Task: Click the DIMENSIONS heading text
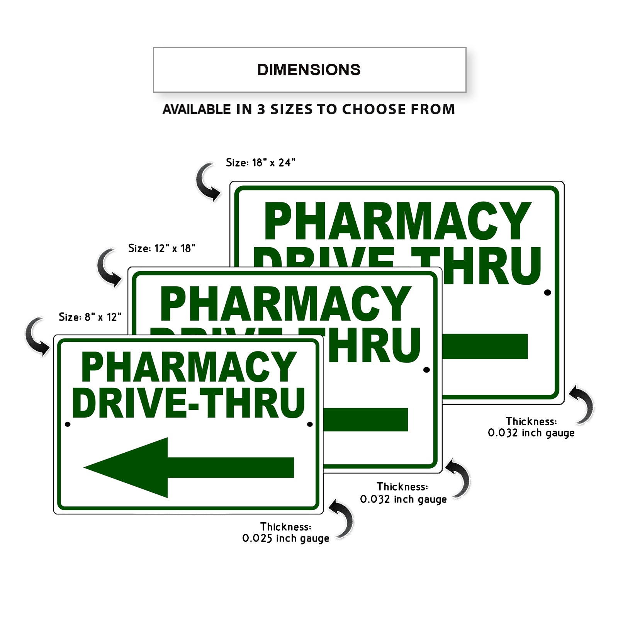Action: coord(309,70)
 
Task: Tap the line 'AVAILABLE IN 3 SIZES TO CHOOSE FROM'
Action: coord(309,109)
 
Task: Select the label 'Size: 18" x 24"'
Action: coord(261,163)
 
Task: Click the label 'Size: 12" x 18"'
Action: coord(162,248)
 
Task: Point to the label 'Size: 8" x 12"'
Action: coord(90,317)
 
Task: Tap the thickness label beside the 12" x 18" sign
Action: coord(403,493)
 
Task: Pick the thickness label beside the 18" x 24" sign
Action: coord(531,427)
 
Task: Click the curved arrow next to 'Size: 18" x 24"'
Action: coord(207,182)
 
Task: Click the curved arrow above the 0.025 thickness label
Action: coord(342,518)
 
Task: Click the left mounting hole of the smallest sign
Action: coord(68,424)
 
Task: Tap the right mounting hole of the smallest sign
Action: coord(310,424)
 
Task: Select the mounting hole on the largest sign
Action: coord(547,292)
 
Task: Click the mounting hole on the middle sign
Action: coord(426,370)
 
